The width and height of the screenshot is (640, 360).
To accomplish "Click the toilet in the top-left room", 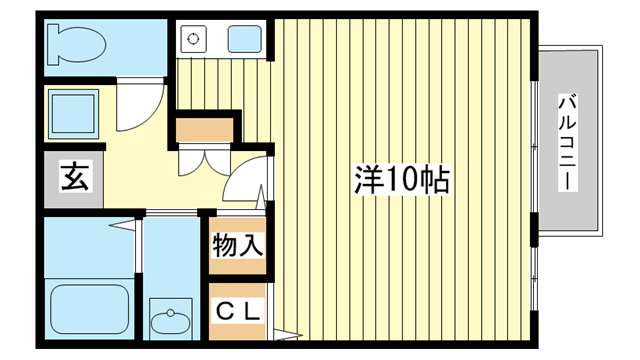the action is pos(76,44).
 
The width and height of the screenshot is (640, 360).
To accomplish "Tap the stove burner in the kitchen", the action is pos(193,39).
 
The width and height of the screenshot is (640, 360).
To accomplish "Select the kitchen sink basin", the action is pos(244,39).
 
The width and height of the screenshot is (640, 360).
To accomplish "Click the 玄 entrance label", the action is pos(75,176).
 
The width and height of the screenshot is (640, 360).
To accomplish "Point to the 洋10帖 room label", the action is pos(402,180).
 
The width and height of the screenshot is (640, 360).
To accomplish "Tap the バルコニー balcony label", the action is pos(568,142).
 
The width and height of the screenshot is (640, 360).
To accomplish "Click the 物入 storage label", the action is pos(237,246).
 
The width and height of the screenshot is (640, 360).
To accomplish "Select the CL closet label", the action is pos(238,313).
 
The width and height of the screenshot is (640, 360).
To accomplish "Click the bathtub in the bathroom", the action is pos(90,309).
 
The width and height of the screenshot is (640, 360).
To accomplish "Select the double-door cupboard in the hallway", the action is pos(204,160).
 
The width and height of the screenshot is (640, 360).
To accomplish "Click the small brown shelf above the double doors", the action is pos(204,129).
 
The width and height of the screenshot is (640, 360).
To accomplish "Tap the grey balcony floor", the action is pos(568,141).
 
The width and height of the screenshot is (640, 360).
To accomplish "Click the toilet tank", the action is pos(53,44).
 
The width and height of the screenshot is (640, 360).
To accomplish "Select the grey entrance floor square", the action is pos(73,179).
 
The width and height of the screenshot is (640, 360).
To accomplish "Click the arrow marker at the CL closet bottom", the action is pos(288,336).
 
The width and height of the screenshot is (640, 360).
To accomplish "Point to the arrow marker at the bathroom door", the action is pos(122,225).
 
